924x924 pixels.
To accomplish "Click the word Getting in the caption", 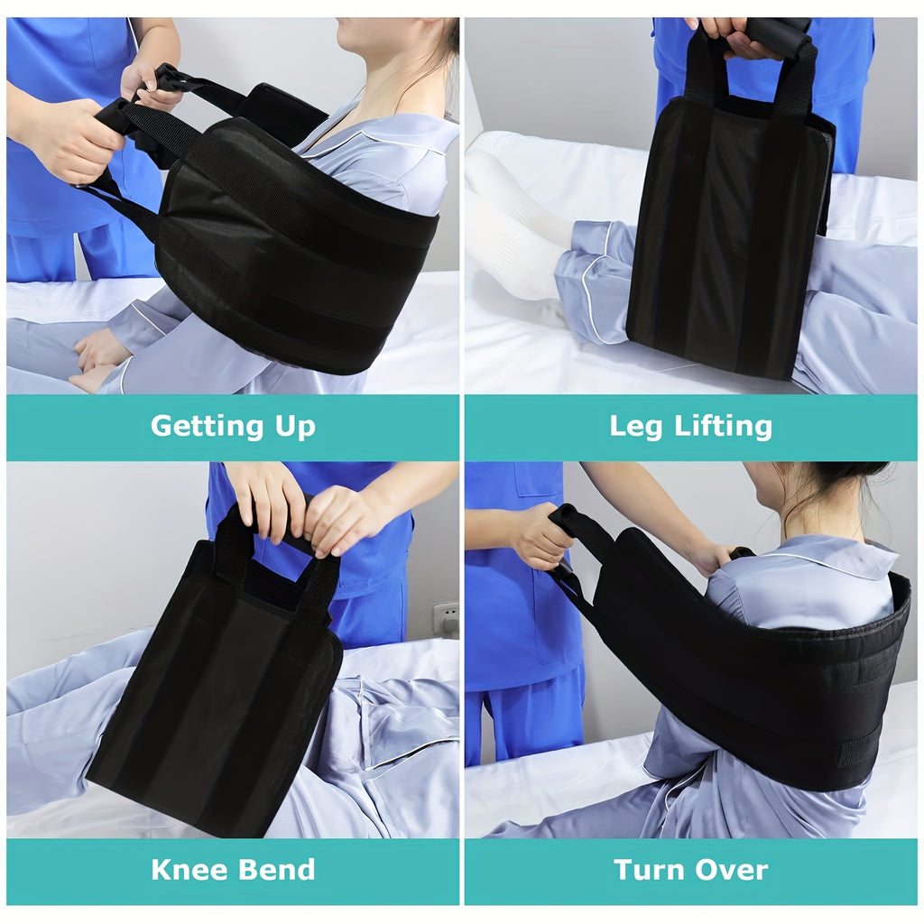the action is tap(207, 427).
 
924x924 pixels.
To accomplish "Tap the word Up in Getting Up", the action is tap(295, 428).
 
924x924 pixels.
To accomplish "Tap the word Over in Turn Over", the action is tap(731, 870).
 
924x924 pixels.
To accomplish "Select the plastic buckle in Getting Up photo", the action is tap(168, 79).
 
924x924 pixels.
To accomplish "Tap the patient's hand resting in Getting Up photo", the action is tap(101, 354).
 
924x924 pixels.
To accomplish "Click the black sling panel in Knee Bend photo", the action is tap(215, 692).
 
